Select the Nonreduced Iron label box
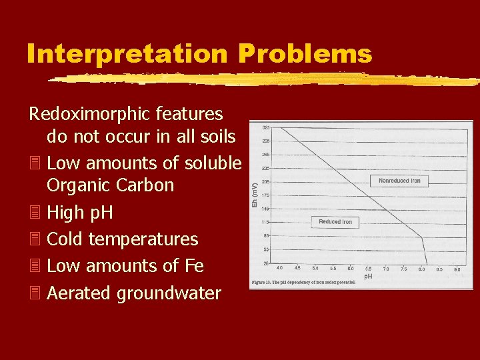(x=399, y=181)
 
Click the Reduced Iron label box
(x=335, y=221)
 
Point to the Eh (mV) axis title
(x=254, y=195)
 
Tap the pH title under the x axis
(x=368, y=276)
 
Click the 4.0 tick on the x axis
(x=279, y=269)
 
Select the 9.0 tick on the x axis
(x=457, y=269)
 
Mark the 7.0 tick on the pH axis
(x=386, y=269)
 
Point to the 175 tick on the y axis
(x=265, y=195)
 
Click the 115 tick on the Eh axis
(x=265, y=221)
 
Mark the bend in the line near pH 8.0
(x=421, y=236)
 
